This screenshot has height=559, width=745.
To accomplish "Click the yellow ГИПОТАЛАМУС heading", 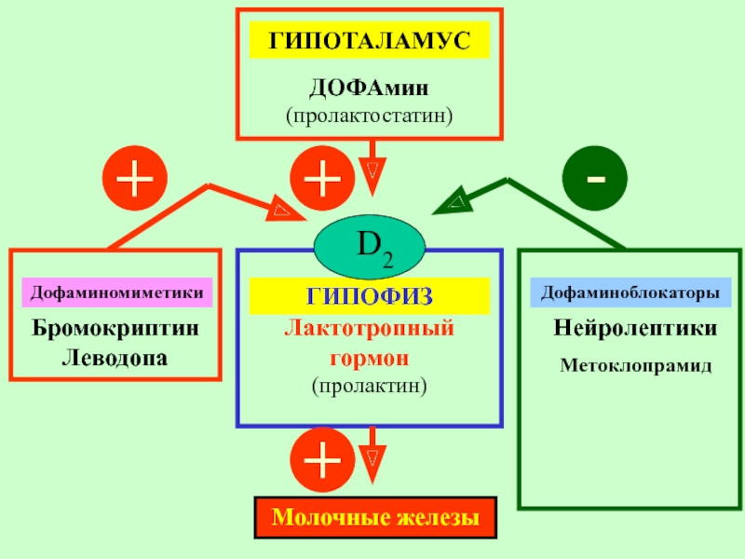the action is [370, 40].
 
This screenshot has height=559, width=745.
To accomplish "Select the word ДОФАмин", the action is [369, 88].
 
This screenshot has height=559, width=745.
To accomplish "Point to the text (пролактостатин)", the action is [369, 116].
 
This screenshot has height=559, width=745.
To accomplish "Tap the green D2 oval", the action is [369, 247].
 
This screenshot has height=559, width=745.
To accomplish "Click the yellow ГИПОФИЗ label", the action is [370, 296].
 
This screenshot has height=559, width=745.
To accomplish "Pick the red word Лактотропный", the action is [369, 329].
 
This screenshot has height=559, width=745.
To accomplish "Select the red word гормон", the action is [369, 358].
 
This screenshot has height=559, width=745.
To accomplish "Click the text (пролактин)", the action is [369, 386].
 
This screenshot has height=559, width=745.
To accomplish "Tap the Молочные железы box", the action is [375, 518].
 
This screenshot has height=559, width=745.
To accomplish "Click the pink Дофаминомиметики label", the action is [117, 293].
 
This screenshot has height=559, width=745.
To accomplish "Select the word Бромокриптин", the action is [115, 328].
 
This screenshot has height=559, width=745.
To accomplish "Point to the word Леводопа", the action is [115, 358].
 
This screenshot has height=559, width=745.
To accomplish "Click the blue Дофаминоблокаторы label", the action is [630, 293].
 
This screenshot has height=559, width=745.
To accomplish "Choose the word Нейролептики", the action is [635, 328].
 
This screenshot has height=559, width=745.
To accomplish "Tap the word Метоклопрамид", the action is [636, 365].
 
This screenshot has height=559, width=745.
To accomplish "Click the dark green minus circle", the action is [595, 178].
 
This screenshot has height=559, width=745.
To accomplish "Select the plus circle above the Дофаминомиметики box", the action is [135, 178].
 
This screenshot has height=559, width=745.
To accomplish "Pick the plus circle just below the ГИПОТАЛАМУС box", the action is [322, 178].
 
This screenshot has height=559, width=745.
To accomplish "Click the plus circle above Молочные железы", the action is [322, 459].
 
